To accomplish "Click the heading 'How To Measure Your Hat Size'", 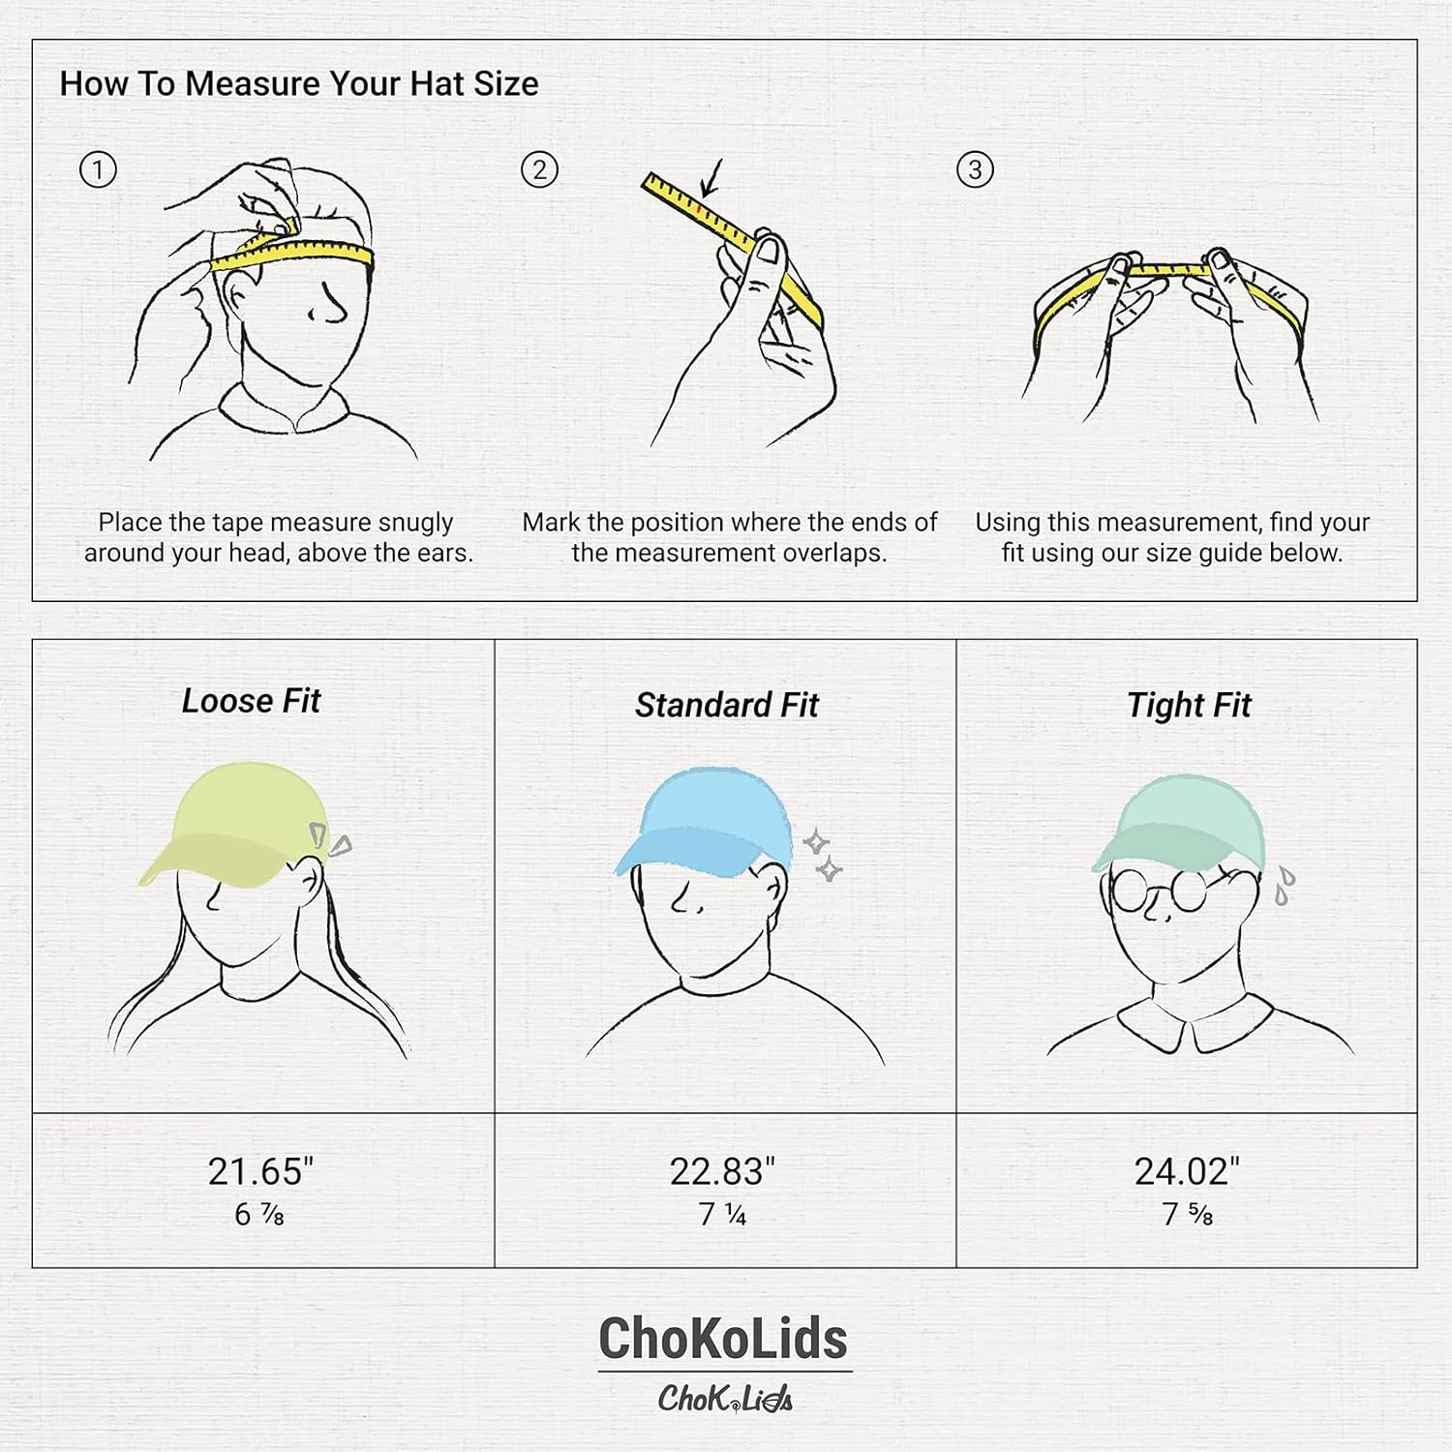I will (299, 84).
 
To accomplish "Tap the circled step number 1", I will (97, 170).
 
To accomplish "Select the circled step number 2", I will (539, 170).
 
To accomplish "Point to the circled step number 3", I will (975, 170).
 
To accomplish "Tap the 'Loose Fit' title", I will (251, 701).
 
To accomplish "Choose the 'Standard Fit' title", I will (726, 706).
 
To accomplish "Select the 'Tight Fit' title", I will (1188, 706).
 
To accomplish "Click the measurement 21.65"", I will (260, 1171).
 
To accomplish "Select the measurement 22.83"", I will (722, 1171).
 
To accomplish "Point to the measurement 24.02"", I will (1187, 1171).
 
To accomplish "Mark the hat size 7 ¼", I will (722, 1215).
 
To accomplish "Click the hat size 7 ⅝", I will (1187, 1215).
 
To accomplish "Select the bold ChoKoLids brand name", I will (723, 1339).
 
